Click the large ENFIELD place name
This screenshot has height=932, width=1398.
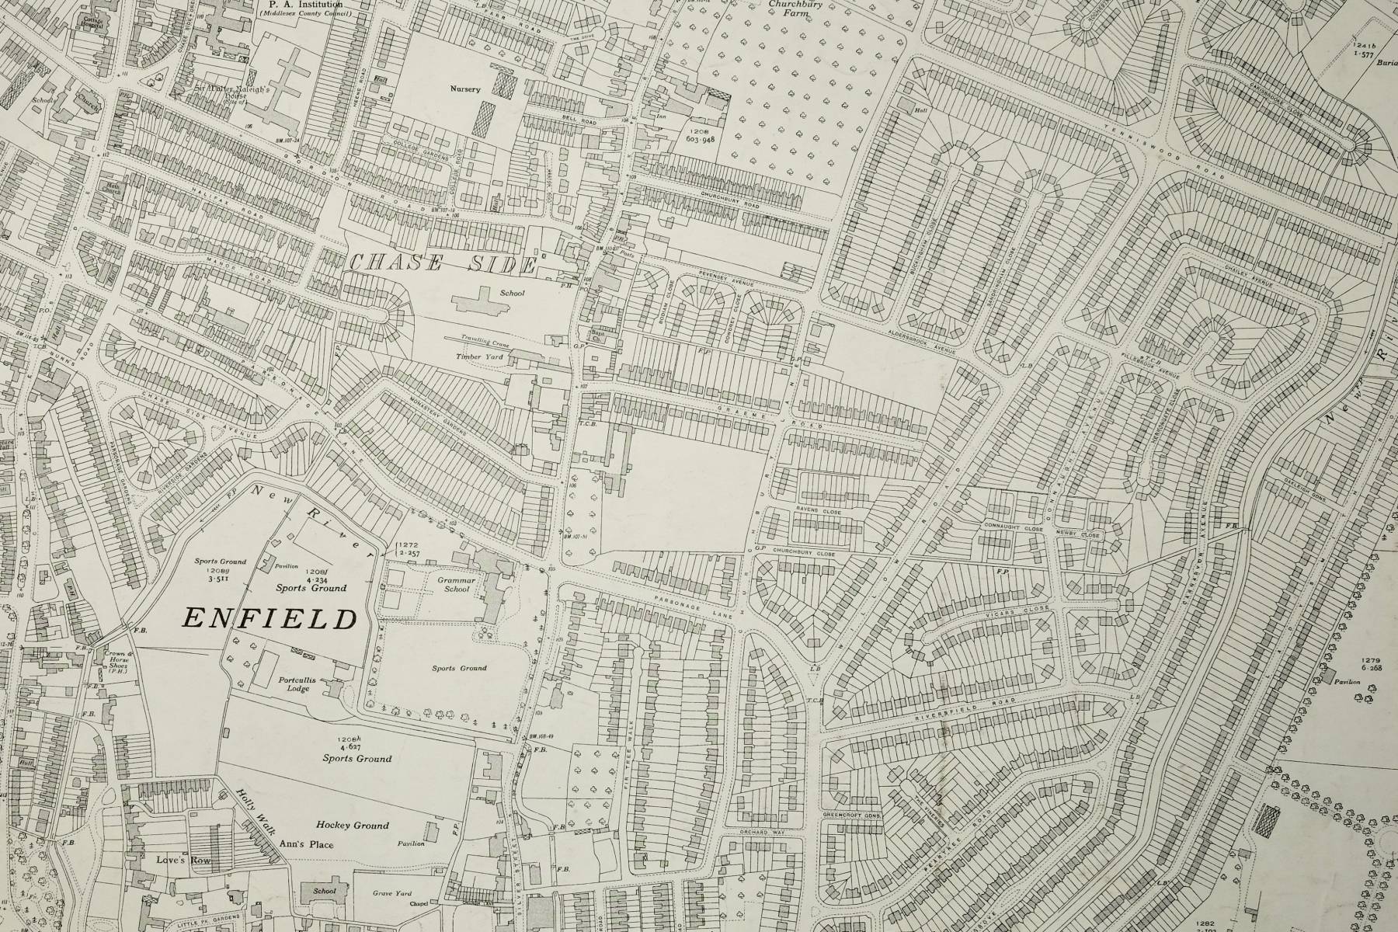coord(269,618)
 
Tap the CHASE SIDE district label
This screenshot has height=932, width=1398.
coord(442,264)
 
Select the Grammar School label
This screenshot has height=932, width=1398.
coord(457,584)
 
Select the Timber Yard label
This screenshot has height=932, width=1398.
coord(479,356)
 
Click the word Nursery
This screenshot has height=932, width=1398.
coord(465,89)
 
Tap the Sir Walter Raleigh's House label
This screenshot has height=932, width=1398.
coord(219,92)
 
